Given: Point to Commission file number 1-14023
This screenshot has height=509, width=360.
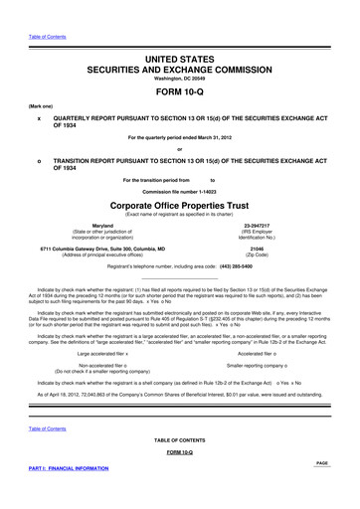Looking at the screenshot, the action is [x=180, y=190].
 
